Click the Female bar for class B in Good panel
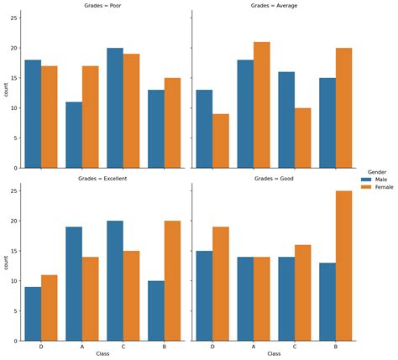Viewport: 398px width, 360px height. [343, 266]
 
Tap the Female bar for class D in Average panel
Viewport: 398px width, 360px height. [221, 141]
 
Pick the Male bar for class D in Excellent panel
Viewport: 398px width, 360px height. [34, 314]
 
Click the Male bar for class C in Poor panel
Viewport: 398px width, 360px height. [114, 108]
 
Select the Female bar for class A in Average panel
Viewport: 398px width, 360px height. [261, 105]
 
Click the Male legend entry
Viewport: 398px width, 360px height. [374, 180]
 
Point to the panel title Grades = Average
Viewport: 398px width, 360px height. [274, 6]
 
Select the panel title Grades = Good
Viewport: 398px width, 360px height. [274, 179]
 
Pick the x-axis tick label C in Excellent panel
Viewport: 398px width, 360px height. [123, 347]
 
